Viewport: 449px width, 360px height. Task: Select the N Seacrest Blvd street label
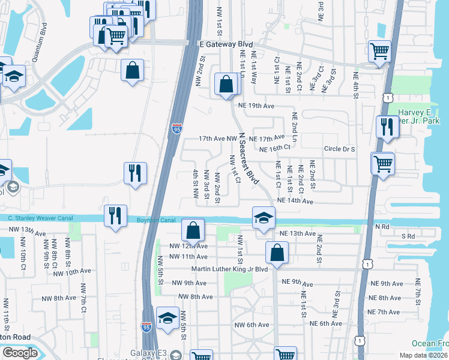(x=249, y=159)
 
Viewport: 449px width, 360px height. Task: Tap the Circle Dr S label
(x=340, y=149)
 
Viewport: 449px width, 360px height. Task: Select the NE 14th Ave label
(x=295, y=202)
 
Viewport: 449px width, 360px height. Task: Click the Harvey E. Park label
(x=423, y=118)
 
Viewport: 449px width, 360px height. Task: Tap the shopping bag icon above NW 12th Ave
(x=193, y=230)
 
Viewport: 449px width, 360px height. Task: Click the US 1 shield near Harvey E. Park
(x=388, y=97)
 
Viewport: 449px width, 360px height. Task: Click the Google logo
(x=20, y=353)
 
